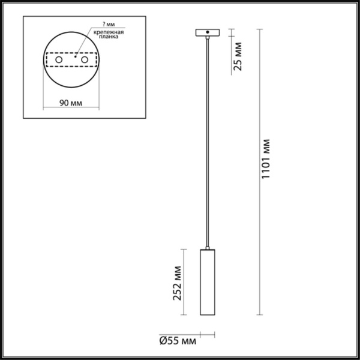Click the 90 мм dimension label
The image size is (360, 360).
71,103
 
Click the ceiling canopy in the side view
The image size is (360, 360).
207,31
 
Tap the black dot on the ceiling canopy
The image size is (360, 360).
207,31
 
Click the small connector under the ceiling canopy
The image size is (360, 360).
207,37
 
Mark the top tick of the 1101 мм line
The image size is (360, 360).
259,28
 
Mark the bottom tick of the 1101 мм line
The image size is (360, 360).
259,315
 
